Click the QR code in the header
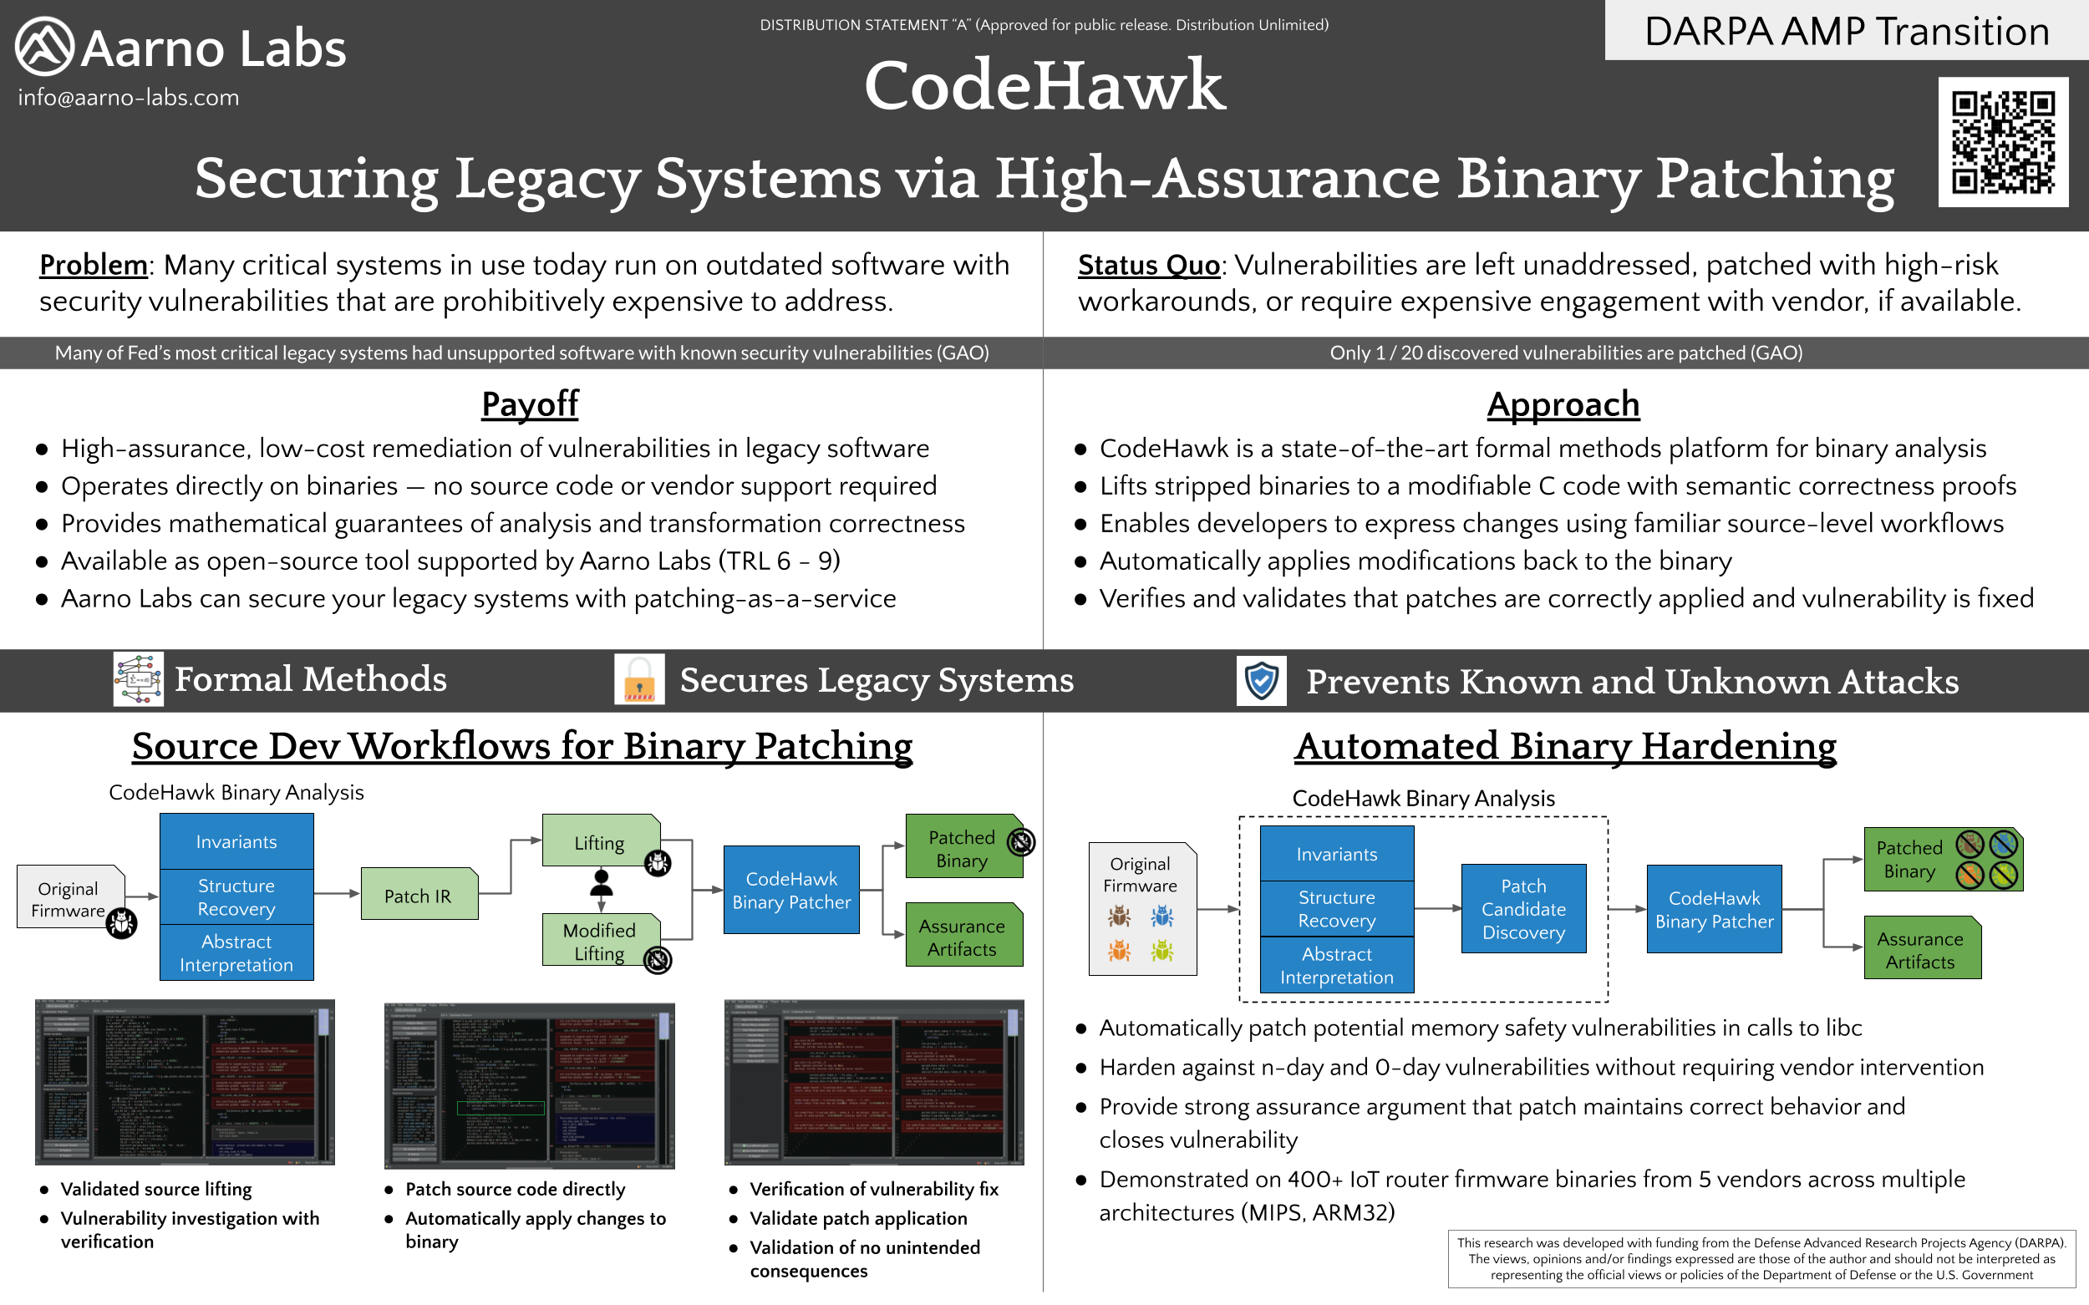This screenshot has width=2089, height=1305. [x=2003, y=142]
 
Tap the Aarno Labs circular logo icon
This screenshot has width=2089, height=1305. [x=44, y=47]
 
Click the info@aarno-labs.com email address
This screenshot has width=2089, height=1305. [x=129, y=98]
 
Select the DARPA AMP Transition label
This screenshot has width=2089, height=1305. [x=1847, y=31]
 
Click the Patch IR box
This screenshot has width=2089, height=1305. [x=419, y=895]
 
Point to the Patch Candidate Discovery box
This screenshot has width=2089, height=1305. [x=1522, y=909]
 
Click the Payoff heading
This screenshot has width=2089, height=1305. [x=529, y=404]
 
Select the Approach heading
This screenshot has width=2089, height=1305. [x=1563, y=404]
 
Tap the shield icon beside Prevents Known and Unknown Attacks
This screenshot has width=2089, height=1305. [x=1261, y=680]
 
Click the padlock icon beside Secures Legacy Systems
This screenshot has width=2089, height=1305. [x=638, y=679]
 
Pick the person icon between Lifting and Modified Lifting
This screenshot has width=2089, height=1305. [x=602, y=881]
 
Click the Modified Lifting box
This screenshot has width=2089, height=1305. [x=600, y=941]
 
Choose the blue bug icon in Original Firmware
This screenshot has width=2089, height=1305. [x=1161, y=916]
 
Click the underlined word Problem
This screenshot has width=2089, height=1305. [x=94, y=265]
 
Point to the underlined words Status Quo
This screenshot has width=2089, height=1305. [x=1148, y=265]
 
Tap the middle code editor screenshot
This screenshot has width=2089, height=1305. [x=528, y=1084]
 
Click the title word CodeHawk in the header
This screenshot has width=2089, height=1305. [x=1044, y=85]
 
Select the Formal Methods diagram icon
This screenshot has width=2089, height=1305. [x=138, y=679]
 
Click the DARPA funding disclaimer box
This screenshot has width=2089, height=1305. [x=1761, y=1258]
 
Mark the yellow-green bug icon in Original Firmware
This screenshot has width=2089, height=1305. [x=1161, y=951]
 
